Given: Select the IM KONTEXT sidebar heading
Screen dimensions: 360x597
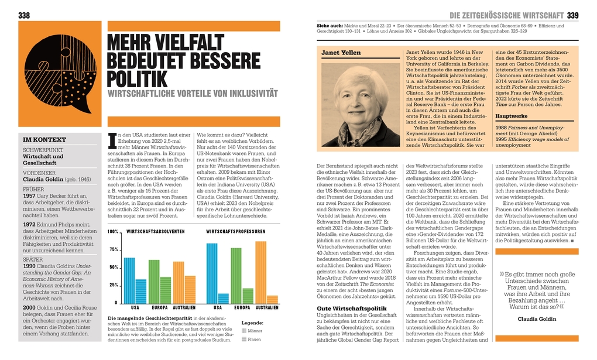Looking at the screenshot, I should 44,140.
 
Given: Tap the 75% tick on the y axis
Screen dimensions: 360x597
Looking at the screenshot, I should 114,250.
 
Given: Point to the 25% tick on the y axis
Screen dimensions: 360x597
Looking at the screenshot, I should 114,285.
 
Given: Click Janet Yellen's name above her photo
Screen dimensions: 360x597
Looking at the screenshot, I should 341,53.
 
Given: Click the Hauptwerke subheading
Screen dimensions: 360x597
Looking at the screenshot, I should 510,117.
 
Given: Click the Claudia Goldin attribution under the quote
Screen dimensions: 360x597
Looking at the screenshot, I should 537,319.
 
